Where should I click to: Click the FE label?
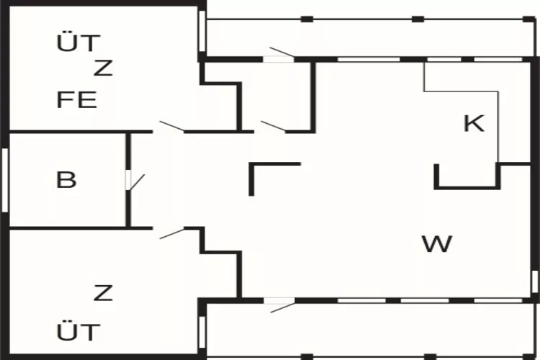pos(76,99)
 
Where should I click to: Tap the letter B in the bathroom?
pos(66,179)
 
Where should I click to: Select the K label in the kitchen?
pos(474,123)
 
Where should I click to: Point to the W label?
pos(437,243)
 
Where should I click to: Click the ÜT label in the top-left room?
pos(78,42)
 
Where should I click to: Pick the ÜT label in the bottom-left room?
pos(78,332)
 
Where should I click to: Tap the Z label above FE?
pos(103,68)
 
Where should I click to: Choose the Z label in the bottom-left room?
pos(103,293)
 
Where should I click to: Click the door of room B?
pos(135,181)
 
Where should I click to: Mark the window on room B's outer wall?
pos(5,180)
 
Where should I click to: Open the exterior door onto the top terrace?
pos(279,55)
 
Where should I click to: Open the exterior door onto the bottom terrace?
pos(279,305)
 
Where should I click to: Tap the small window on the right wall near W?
pos(534,282)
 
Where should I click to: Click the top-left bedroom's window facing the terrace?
pos(202,32)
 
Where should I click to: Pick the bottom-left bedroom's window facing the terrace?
pos(202,332)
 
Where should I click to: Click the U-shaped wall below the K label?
pos(467,187)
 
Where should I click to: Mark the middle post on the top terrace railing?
pos(418,19)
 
